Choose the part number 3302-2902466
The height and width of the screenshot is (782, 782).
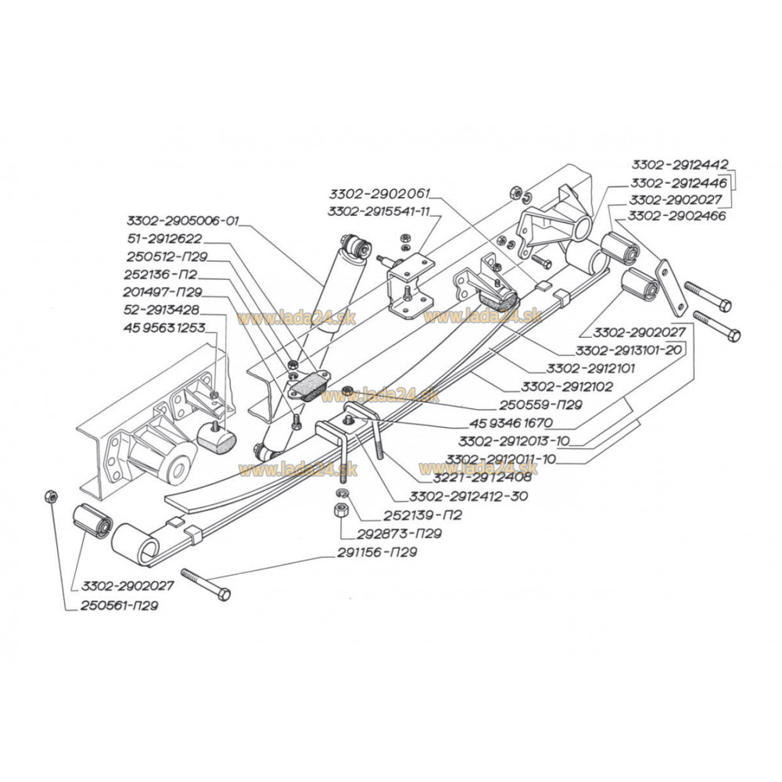pos(677,214)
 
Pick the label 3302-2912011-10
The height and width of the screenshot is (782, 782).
pos(501,459)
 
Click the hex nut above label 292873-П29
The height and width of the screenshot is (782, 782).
pos(341,510)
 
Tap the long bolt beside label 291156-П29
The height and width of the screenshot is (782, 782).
pos(205,584)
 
